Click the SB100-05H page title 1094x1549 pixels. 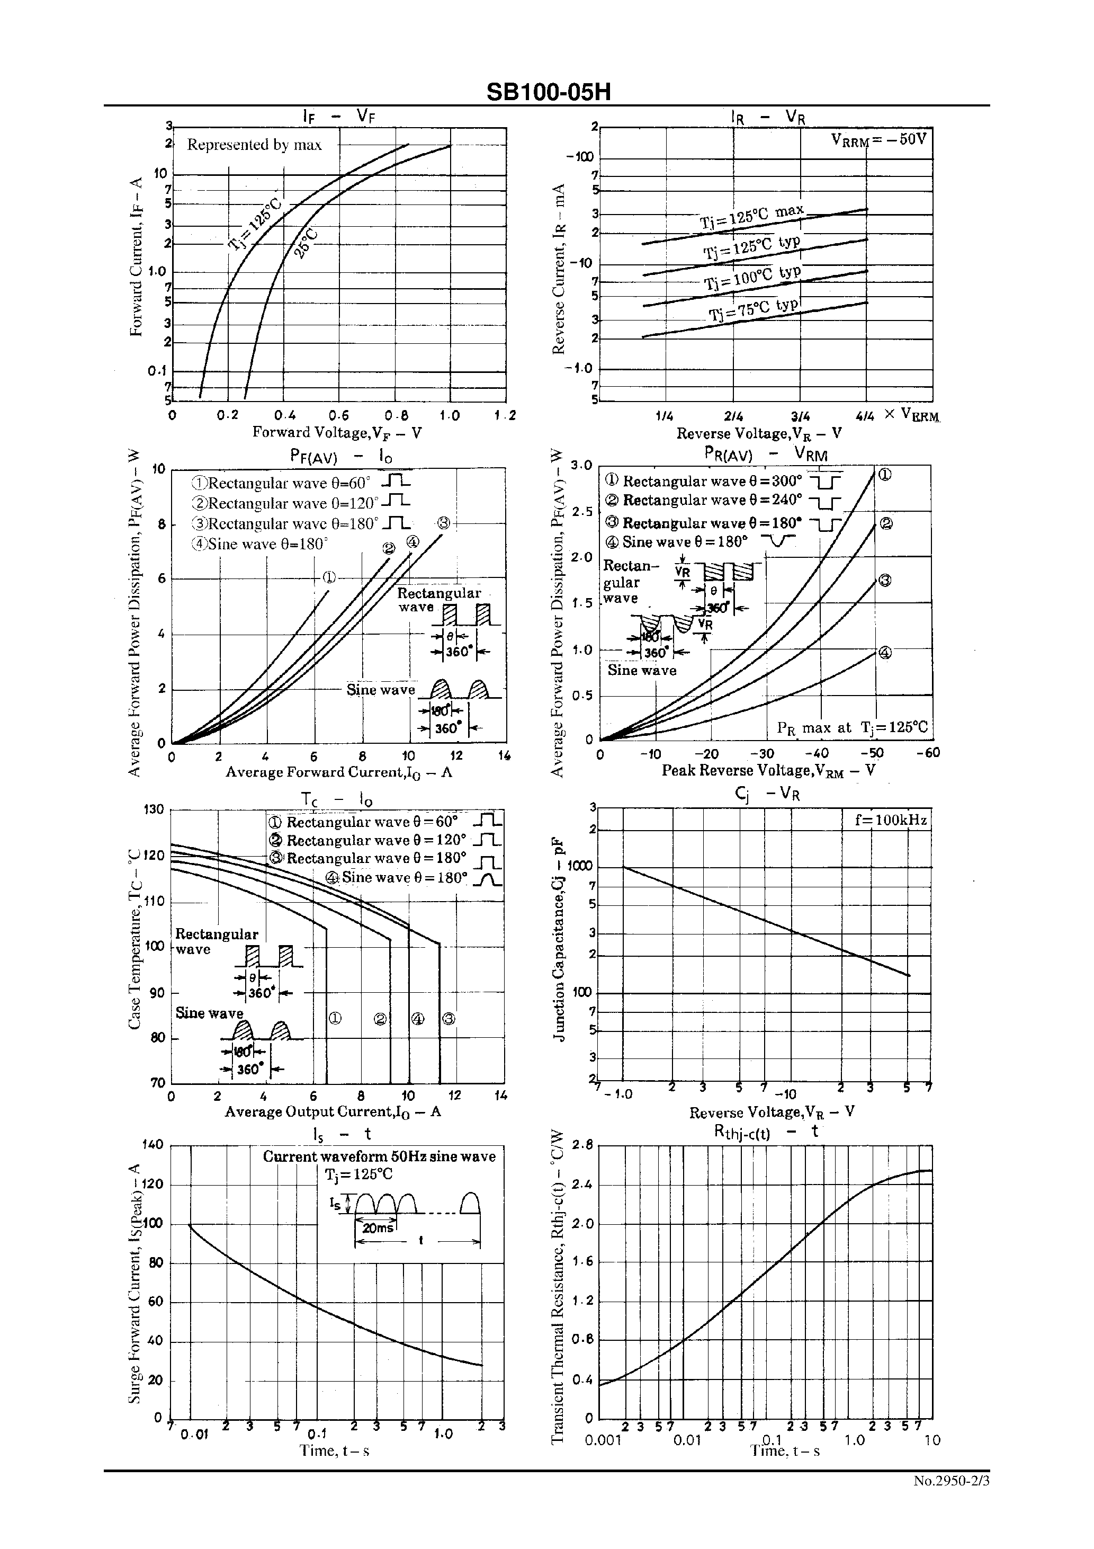[548, 92]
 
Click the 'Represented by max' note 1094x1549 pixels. [254, 145]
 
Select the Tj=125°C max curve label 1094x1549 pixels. [751, 217]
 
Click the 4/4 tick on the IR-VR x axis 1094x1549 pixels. [865, 417]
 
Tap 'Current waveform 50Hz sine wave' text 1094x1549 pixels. [379, 1156]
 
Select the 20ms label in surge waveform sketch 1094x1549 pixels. [378, 1228]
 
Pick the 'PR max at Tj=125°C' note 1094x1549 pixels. [852, 727]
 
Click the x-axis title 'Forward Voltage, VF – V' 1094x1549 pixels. [337, 432]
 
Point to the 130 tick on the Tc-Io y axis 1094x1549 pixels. [155, 809]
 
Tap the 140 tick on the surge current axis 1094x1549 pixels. [153, 1144]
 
